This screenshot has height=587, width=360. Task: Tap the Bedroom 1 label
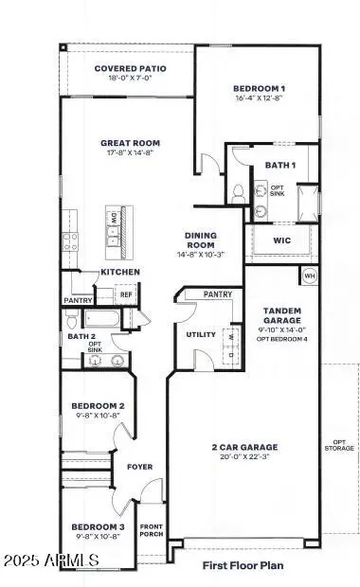click(x=258, y=90)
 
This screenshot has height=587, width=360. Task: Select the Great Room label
click(x=128, y=144)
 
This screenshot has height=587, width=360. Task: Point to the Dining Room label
click(x=201, y=240)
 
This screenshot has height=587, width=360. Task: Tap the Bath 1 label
click(x=274, y=166)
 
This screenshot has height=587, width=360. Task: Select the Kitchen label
click(x=121, y=273)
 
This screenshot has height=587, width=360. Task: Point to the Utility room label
click(x=201, y=334)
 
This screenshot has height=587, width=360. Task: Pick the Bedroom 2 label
click(x=99, y=406)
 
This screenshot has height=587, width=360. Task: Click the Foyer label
click(x=138, y=466)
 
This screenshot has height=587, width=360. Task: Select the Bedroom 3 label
click(x=99, y=526)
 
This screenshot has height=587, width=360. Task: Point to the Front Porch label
click(x=152, y=530)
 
